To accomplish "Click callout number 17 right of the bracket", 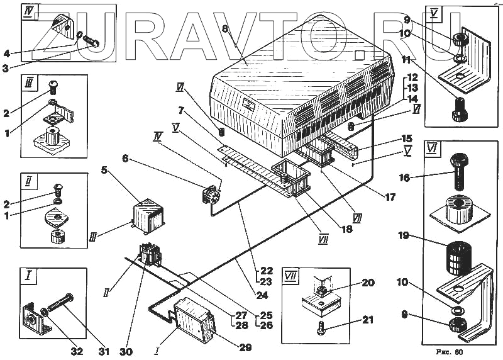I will tap(390, 197).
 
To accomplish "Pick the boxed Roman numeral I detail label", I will tap(28, 276).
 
